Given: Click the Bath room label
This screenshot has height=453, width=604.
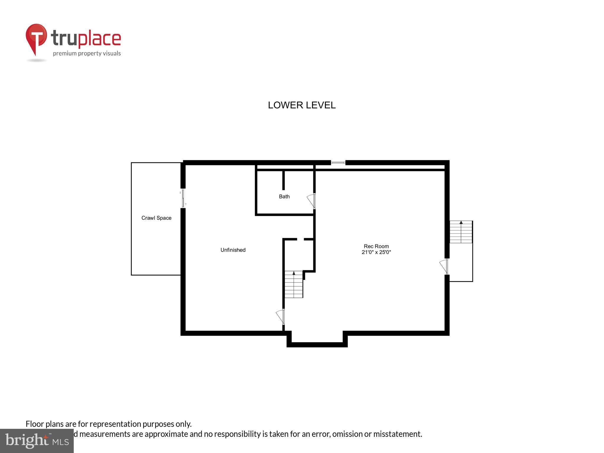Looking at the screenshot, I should (x=284, y=197).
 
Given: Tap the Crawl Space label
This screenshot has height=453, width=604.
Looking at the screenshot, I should (x=156, y=218).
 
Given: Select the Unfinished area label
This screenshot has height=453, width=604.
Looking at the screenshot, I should (x=233, y=250).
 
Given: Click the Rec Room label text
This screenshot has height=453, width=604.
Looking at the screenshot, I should (x=376, y=246).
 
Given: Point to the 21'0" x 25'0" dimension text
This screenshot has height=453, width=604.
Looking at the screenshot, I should (x=376, y=252).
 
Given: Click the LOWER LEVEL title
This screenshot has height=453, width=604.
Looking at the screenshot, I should (x=302, y=105).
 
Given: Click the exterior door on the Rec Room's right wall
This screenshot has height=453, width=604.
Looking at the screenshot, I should (x=444, y=266).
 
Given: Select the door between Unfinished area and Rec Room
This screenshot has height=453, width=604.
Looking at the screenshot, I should (x=280, y=316).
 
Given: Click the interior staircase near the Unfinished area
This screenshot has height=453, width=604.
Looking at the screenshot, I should (x=294, y=284).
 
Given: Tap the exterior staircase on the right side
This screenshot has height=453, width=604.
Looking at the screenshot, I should (x=461, y=232).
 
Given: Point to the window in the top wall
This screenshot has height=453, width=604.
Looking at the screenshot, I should (x=338, y=163).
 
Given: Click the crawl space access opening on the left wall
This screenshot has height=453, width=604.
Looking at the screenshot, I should (x=183, y=198).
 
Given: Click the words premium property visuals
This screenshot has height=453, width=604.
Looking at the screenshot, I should (x=87, y=54).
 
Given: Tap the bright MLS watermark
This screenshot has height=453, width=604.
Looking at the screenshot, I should (x=37, y=441).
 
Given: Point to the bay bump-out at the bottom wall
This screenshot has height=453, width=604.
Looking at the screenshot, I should (x=317, y=343).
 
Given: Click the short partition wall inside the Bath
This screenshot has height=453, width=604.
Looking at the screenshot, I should (x=283, y=180).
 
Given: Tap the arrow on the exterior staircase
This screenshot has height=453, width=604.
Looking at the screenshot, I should (x=461, y=223).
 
